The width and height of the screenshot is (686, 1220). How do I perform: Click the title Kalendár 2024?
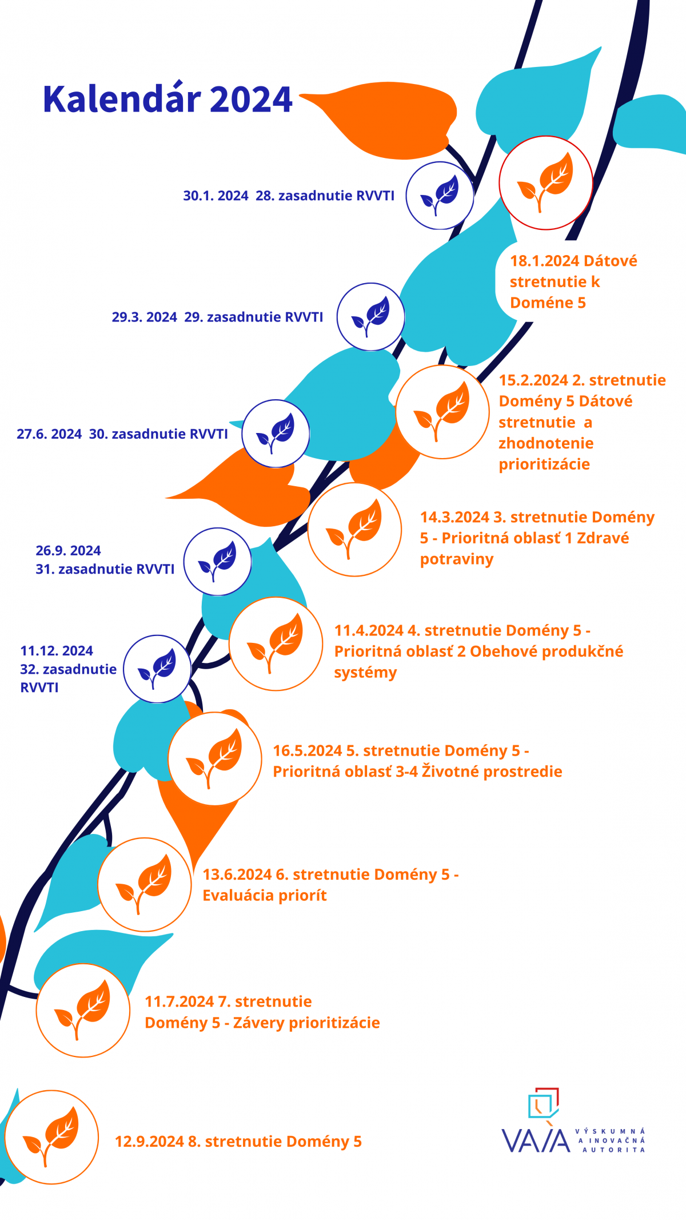tap(167, 99)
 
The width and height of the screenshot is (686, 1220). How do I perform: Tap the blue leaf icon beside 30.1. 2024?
tap(440, 196)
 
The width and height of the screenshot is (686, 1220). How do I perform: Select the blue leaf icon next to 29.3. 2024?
tap(370, 317)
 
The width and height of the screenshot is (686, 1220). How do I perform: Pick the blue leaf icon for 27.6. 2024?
tap(276, 434)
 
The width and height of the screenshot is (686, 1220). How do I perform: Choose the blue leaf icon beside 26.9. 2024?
tap(217, 562)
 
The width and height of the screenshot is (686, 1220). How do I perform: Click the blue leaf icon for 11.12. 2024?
tap(157, 669)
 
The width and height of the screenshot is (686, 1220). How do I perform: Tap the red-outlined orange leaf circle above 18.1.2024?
tap(545, 183)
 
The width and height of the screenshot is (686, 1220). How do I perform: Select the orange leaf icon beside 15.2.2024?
tap(442, 412)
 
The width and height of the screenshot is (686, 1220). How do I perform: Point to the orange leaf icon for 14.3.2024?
tap(355, 529)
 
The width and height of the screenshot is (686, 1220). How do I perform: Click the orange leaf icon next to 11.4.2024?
tap(276, 644)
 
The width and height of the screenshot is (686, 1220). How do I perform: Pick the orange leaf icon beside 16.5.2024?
tap(215, 759)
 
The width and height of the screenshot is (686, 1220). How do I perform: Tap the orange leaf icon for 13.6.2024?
tap(145, 885)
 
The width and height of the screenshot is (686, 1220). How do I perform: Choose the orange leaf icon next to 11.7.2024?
tap(83, 1010)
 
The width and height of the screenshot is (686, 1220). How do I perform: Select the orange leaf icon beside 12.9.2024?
tap(51, 1137)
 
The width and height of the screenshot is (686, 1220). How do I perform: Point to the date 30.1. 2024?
tap(216, 196)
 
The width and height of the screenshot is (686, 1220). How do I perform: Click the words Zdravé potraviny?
tap(524, 549)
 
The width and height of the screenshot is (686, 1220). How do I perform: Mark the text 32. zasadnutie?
tap(68, 669)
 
